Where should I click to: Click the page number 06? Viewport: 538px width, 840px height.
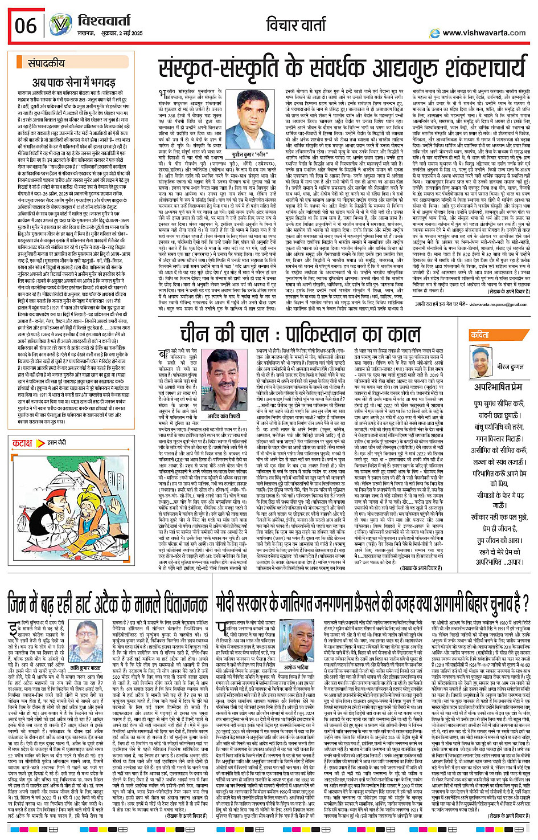(25, 26)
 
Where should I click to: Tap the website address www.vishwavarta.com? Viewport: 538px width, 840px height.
(484, 33)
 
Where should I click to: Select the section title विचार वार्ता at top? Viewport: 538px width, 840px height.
(301, 25)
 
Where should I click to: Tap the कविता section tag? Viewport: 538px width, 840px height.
(480, 335)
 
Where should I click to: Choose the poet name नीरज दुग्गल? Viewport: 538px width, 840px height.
(511, 367)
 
